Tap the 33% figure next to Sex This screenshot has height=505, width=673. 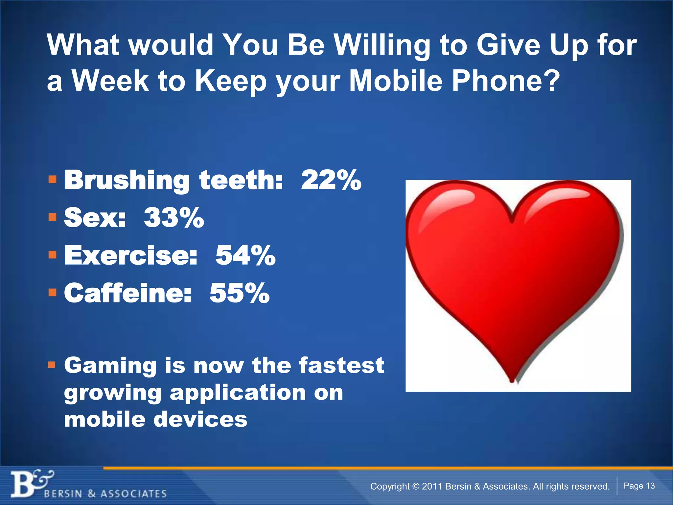(174, 218)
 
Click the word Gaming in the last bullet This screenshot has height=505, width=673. (110, 366)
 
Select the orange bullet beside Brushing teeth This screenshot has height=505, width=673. (52, 180)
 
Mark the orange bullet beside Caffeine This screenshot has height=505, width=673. (52, 292)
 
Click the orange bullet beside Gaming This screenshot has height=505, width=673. (52, 365)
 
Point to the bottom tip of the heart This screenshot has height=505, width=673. (512, 381)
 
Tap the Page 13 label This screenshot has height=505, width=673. (639, 486)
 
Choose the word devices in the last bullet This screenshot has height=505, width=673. (200, 420)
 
